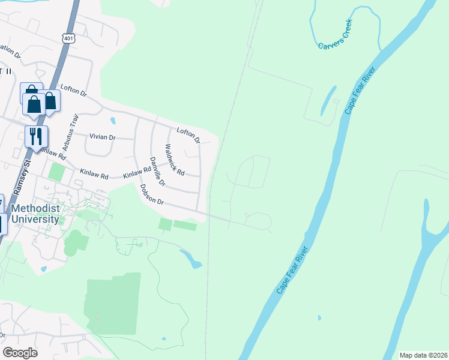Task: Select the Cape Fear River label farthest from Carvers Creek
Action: [292, 271]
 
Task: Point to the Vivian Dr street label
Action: [102, 137]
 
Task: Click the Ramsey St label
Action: [17, 176]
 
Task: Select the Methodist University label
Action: [35, 214]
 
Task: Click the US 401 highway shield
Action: [70, 37]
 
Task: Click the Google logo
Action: [20, 353]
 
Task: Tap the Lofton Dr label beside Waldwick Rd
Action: [188, 136]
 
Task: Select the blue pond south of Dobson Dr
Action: [191, 259]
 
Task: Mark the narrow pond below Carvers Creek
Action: [328, 100]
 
